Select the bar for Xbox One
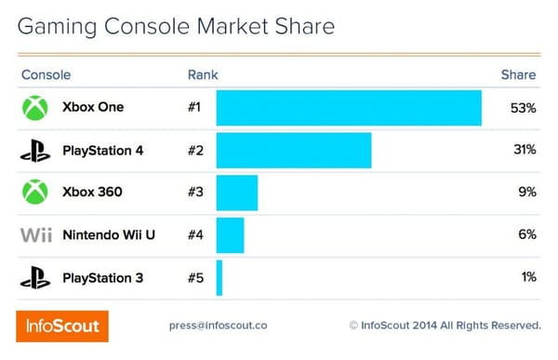coord(349,108)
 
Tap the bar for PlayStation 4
coord(294,150)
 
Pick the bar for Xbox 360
coord(237,193)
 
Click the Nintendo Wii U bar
coord(230,234)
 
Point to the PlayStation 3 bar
coord(219,277)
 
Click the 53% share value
coord(523,108)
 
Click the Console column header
coord(46,74)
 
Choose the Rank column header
coord(203,74)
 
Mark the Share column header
coord(519,74)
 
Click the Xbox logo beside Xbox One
coord(35,108)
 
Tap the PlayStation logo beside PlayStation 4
coord(35,150)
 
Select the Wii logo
coord(35,235)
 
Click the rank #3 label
coord(195,193)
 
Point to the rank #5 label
coord(195,277)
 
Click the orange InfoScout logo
coord(62,326)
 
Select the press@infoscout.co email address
coord(218,326)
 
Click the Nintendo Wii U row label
coord(108,234)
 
